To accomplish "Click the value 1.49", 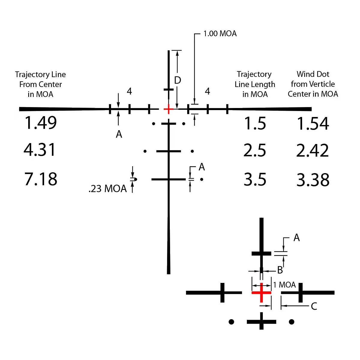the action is pos(40,123).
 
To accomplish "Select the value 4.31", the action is pos(40,150).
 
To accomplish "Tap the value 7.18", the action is pos(41,179).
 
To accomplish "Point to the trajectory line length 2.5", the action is pos(255,150).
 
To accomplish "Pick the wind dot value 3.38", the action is pos(313,180).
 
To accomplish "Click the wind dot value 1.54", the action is pos(313,124).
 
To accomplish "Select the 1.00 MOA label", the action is pos(220,34).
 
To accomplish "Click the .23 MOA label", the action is pos(108,189).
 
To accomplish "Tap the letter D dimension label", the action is pos(178,80).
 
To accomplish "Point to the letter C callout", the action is pos(314,306).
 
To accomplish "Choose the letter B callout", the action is pos(280,270).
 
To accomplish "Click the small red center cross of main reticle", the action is pos(169,109).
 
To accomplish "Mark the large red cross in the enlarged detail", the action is pos(261,293).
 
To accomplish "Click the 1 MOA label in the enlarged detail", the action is pos(284,285).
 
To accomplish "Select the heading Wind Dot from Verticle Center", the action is pos(313,84).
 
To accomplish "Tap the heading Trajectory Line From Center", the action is pos(40,84).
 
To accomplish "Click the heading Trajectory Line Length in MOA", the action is pos(255,84).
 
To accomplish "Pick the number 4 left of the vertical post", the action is pos(129,91).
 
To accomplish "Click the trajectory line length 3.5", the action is pos(255,180).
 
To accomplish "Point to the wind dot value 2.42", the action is pos(312,150).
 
